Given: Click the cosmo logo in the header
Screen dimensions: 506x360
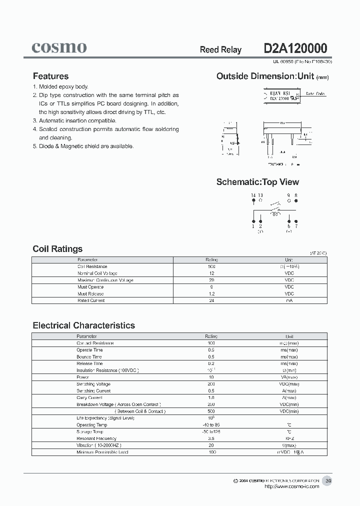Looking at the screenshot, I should tap(59, 47).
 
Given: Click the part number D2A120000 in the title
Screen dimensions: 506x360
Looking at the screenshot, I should tap(295, 48).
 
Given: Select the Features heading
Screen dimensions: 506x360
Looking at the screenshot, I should tap(50, 76).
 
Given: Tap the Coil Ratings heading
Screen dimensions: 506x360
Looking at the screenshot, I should tap(57, 249).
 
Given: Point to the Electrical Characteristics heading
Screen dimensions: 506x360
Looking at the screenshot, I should tap(83, 325).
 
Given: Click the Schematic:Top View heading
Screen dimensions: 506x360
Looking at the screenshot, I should tap(257, 182).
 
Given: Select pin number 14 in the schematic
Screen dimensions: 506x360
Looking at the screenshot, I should tap(253, 195).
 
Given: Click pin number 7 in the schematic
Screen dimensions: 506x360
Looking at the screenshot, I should tap(296, 226).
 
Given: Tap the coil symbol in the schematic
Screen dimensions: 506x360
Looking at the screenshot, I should tap(275, 214).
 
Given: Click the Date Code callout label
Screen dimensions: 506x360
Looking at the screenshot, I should tap(315, 93).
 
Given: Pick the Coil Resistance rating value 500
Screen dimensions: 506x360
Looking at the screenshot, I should tap(211, 267).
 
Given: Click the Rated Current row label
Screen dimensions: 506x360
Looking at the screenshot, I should tap(91, 300).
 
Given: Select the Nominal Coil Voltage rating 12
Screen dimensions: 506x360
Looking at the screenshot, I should tap(211, 273).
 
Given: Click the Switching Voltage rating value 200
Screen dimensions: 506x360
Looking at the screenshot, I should tap(211, 384).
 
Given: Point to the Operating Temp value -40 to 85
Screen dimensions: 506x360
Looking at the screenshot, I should tap(211, 424).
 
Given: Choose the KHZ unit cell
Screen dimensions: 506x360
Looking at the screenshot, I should tap(289, 438).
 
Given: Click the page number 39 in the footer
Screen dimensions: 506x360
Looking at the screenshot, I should tap(328, 480).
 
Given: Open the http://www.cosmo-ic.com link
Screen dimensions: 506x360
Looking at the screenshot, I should tap(291, 486).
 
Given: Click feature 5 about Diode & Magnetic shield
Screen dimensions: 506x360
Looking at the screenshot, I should tap(83, 146).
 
